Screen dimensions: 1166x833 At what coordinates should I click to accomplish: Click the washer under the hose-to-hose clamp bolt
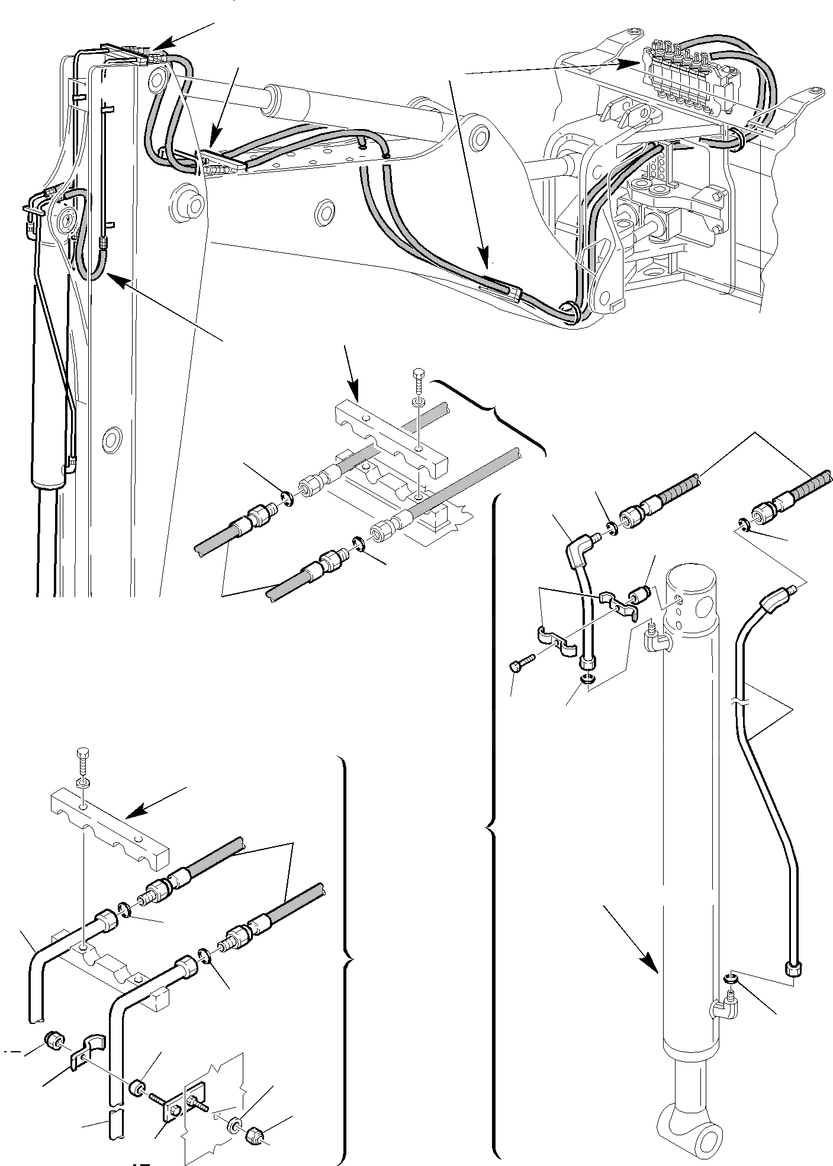tap(417, 402)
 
